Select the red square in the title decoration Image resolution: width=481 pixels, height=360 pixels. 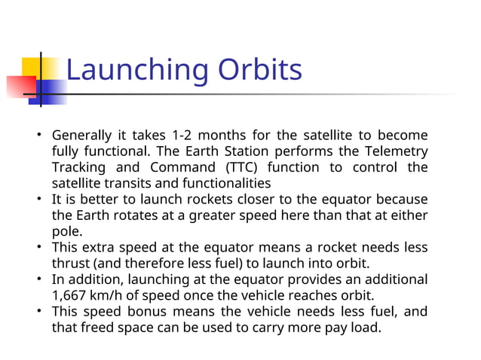(21, 87)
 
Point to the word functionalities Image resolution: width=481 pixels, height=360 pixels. (222, 183)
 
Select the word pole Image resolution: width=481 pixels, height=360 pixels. (66, 231)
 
